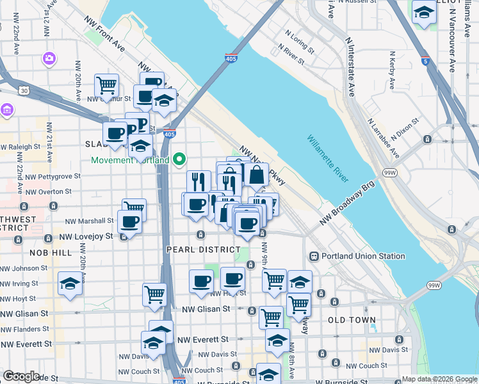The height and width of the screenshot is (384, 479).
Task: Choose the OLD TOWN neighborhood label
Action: pos(352,319)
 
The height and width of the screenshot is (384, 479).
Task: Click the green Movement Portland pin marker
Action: pos(180,159)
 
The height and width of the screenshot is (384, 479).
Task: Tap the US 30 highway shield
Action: pos(24,91)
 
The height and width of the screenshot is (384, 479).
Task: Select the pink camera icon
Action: pos(49,59)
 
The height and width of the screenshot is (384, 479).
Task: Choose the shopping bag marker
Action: pos(256,174)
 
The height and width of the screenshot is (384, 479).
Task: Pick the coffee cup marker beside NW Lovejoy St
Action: pos(129,222)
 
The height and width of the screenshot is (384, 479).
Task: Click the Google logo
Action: pos(21,376)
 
